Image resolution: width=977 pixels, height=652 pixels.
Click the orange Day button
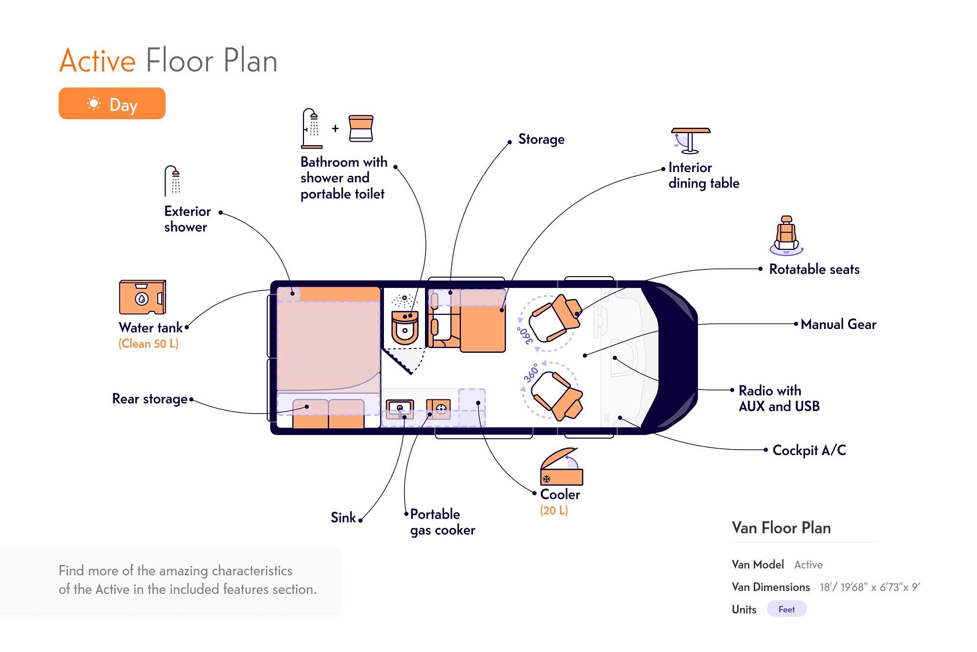[112, 104]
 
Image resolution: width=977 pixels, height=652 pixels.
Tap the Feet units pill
[786, 609]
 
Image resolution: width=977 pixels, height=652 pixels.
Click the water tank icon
[142, 297]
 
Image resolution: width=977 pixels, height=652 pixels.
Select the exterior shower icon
[172, 181]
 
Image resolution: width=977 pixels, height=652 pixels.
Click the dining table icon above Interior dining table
[690, 140]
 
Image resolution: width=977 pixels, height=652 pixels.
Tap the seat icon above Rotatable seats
[786, 235]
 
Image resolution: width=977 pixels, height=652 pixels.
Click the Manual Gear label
[838, 324]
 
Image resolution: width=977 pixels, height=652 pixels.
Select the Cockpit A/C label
[809, 450]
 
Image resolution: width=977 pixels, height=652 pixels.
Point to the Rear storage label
[149, 399]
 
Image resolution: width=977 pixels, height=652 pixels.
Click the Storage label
[541, 139]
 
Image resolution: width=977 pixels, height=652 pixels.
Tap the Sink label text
[343, 518]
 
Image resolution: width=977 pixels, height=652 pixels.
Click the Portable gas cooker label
[442, 522]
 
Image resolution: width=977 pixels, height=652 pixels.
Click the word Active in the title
[97, 61]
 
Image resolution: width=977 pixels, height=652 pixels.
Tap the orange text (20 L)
[554, 511]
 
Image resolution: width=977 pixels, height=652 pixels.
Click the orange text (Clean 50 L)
[149, 344]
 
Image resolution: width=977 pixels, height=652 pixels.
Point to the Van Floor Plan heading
[781, 528]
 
